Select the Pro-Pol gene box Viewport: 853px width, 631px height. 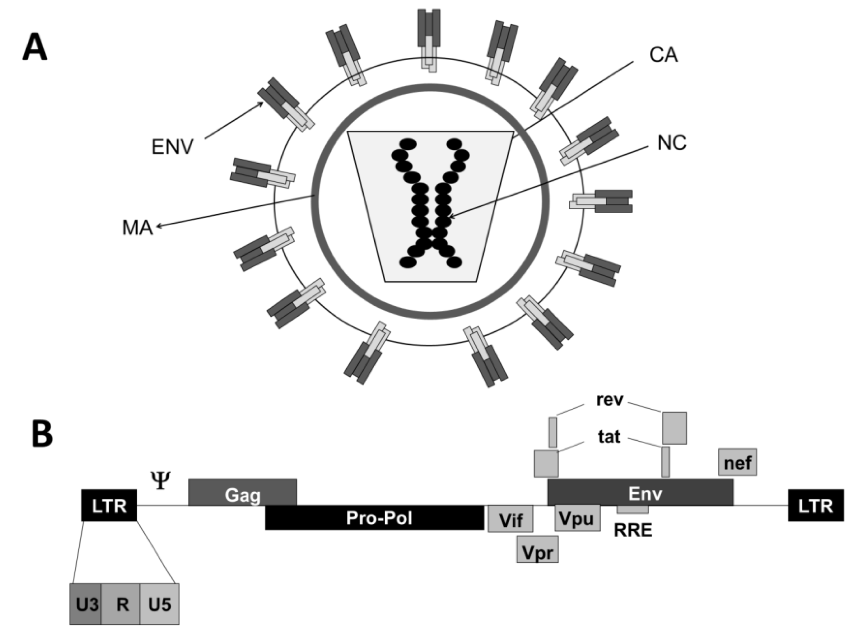point(374,518)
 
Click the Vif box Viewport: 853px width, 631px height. point(510,518)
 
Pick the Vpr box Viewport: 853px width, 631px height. point(537,549)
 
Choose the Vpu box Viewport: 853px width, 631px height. point(577,518)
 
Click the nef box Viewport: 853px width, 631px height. point(737,462)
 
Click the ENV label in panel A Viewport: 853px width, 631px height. point(172,147)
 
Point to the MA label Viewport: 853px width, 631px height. point(137,228)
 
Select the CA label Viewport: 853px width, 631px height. point(664,55)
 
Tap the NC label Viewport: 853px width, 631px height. point(672,143)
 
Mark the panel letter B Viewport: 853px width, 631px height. point(42,435)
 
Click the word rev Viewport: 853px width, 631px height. point(610,400)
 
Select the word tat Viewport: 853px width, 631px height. point(609,436)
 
